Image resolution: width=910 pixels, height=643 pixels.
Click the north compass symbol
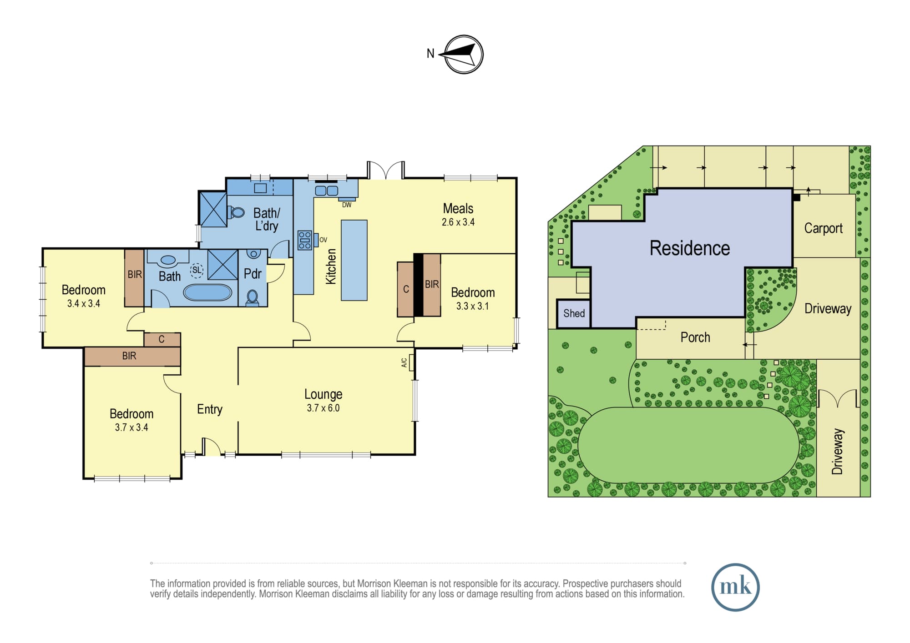pos(463,54)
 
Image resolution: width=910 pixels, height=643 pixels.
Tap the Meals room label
pos(458,209)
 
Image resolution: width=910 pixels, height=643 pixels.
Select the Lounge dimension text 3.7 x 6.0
pos(323,408)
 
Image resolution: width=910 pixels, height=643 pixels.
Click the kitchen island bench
pos(354,260)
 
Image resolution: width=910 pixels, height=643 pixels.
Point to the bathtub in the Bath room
pos(207,292)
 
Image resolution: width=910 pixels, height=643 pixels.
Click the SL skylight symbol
pos(197,270)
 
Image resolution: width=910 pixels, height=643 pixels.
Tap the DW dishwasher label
pos(347,205)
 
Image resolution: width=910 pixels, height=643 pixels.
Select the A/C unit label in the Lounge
pos(404,362)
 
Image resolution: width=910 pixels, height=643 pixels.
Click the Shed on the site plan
pos(574,313)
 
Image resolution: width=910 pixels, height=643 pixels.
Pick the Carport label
pos(824,228)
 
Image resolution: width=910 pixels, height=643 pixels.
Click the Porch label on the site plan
pos(695,337)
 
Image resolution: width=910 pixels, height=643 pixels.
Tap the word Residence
pos(690,248)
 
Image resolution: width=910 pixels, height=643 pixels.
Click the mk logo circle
pos(735,587)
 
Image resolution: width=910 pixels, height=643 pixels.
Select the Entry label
pos(210,409)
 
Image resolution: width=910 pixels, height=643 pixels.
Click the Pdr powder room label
pos(253,274)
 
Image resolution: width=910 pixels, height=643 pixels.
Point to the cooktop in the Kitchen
pos(304,240)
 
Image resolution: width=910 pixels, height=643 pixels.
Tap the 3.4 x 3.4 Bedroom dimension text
pos(84,303)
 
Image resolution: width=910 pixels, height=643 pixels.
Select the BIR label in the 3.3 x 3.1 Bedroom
pos(432,284)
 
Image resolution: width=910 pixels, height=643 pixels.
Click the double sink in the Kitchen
pos(327,191)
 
